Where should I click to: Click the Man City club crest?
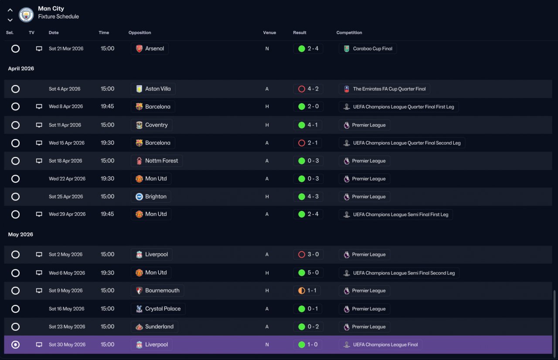(26, 15)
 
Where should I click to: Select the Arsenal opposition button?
(150, 48)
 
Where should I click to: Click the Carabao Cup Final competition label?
(367, 48)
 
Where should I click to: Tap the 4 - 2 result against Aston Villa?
(308, 89)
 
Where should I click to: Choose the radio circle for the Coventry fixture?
(15, 125)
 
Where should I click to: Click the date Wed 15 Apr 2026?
(67, 143)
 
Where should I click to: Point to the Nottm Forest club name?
(161, 161)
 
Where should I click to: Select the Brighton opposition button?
(151, 197)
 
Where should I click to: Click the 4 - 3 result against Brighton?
(308, 197)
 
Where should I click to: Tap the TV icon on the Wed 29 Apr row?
(39, 214)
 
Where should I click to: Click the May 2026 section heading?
(20, 234)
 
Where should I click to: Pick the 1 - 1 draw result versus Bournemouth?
(307, 291)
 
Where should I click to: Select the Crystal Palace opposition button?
(158, 309)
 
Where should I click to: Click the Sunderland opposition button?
(154, 326)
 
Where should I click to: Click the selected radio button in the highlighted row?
(15, 345)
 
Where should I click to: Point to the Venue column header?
(269, 33)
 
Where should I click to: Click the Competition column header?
(349, 33)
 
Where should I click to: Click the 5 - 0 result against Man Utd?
(308, 272)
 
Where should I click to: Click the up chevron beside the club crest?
(10, 10)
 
